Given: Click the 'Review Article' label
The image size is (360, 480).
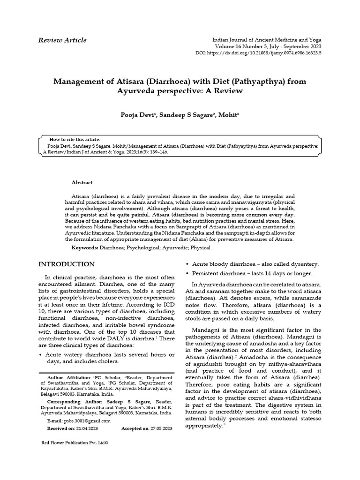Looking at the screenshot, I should point(62,40).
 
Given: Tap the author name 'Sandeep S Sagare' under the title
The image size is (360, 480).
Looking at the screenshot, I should point(186,115).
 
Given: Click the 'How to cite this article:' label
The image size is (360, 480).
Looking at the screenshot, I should point(75,139).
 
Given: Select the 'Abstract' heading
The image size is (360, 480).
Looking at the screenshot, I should point(82,182).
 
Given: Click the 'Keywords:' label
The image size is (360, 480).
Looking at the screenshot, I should point(84,247).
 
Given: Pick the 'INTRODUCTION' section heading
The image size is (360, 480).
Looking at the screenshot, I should point(66,264).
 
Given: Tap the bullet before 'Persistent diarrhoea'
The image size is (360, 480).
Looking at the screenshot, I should point(188,273).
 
